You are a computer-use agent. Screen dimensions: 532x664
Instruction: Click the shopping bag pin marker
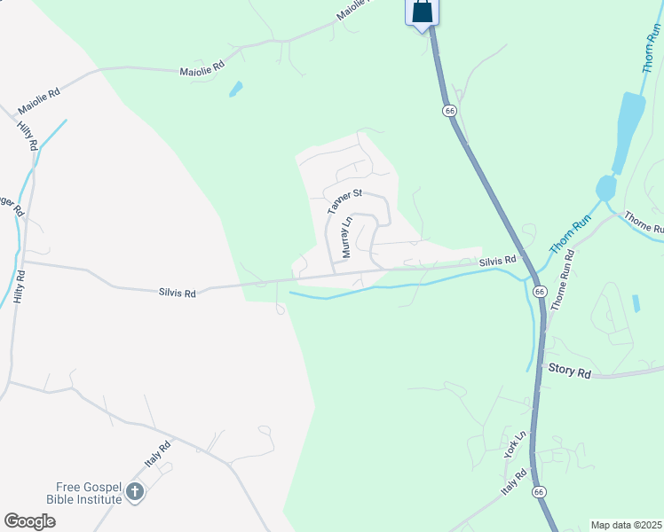point(423,12)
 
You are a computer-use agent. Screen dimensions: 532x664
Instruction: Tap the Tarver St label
point(345,200)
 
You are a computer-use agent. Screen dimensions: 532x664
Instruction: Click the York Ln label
point(515,444)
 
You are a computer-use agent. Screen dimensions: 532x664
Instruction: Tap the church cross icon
point(135,492)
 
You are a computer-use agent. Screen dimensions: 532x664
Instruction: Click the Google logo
point(29,521)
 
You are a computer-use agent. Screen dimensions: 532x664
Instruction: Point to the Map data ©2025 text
point(626,525)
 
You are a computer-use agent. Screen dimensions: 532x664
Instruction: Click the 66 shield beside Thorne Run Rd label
point(539,292)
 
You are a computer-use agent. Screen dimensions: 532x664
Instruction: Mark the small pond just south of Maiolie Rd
point(235,89)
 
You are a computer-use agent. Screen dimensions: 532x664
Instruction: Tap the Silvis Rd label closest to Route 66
point(497,260)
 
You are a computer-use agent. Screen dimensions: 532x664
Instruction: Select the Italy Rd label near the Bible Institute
point(157,457)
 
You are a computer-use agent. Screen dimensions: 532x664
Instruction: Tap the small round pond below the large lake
point(606,188)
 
